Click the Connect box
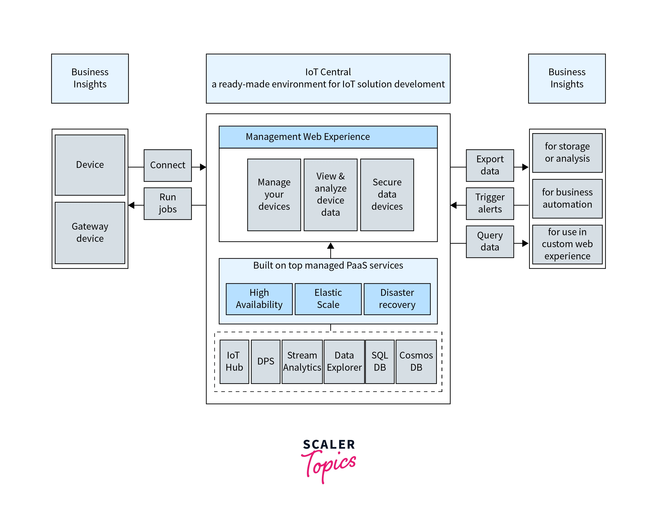tap(168, 165)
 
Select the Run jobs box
tap(168, 203)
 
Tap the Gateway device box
tap(90, 233)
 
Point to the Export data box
tap(490, 165)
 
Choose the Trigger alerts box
tap(490, 203)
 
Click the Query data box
tap(490, 241)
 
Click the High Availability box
tap(259, 299)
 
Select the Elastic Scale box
tap(328, 299)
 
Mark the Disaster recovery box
tap(397, 299)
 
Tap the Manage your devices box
tap(274, 195)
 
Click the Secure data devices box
tap(387, 195)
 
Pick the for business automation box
tap(567, 198)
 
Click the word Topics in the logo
tap(329, 464)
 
